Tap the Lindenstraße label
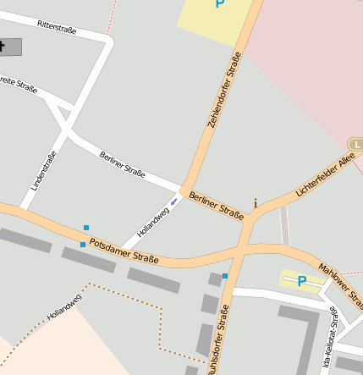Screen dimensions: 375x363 click(44, 169)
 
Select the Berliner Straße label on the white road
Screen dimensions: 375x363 click(123, 163)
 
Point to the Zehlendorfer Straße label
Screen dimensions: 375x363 click(224, 90)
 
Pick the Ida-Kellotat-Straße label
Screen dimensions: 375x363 click(331, 339)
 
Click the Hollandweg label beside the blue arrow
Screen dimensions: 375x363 click(153, 221)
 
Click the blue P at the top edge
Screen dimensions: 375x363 click(220, 4)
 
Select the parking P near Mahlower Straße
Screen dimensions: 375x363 click(301, 281)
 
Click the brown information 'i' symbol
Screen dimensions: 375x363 click(256, 203)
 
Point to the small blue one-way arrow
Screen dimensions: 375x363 click(174, 201)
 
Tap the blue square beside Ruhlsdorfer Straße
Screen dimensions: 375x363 click(225, 276)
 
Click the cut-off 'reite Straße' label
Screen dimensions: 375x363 click(19, 85)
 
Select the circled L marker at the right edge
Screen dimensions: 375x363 click(357, 144)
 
